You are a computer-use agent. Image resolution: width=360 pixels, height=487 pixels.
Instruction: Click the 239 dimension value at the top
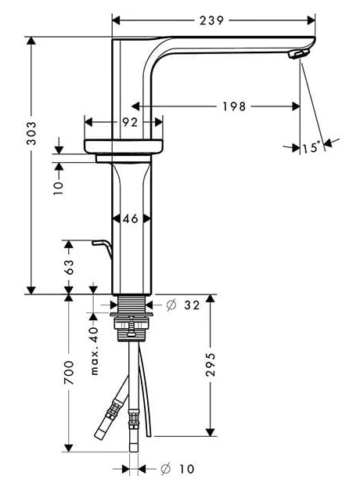point(211,20)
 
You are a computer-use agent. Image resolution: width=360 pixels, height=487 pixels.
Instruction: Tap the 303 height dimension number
point(31,133)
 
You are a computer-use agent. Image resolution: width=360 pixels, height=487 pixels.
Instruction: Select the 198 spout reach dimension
point(234,106)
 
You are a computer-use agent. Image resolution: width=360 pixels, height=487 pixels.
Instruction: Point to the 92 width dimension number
point(130,122)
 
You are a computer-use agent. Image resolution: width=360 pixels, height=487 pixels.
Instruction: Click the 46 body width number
point(131,218)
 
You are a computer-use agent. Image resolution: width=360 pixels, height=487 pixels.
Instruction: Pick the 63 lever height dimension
point(69,267)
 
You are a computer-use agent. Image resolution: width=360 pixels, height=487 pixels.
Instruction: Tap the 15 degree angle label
point(311,147)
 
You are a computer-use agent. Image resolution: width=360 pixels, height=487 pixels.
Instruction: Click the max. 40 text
point(94,350)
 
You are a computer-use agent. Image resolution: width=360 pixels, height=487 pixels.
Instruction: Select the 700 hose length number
point(69,373)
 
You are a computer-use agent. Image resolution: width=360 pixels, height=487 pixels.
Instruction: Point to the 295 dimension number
point(211,365)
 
